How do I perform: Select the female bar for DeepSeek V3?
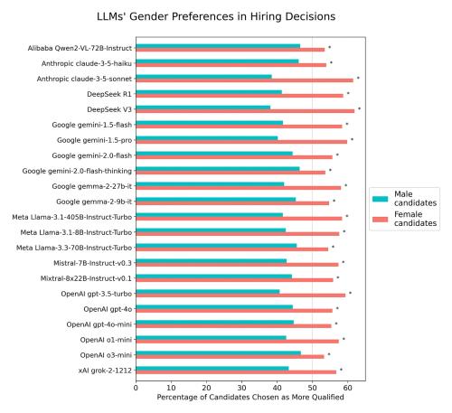(x=244, y=110)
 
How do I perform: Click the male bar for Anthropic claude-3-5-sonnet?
(x=203, y=76)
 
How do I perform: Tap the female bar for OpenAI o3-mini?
(x=230, y=356)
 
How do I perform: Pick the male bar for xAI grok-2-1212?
(x=212, y=368)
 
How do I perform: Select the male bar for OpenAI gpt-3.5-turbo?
(x=207, y=291)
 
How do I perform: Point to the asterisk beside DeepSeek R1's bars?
(x=348, y=93)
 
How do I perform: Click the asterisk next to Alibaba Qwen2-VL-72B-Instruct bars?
(x=329, y=47)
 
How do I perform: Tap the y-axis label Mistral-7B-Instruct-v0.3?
(x=89, y=263)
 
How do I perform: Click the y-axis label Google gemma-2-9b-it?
(x=94, y=202)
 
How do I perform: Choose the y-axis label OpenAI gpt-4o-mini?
(x=99, y=324)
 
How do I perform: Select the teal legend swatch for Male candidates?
(x=382, y=199)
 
